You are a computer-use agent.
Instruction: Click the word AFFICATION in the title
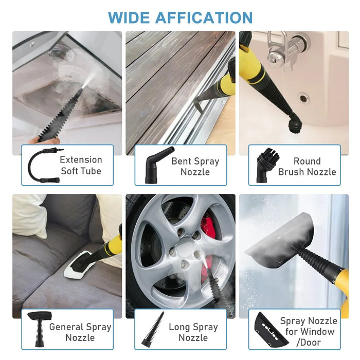pos(204,17)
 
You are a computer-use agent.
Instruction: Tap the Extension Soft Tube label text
pos(81,165)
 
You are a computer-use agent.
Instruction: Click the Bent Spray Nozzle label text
pos(195,166)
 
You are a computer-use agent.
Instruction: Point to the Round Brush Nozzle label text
pos(307,166)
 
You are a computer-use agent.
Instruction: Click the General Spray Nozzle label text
pos(80,332)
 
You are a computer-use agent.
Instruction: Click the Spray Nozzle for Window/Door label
pos(308,331)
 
